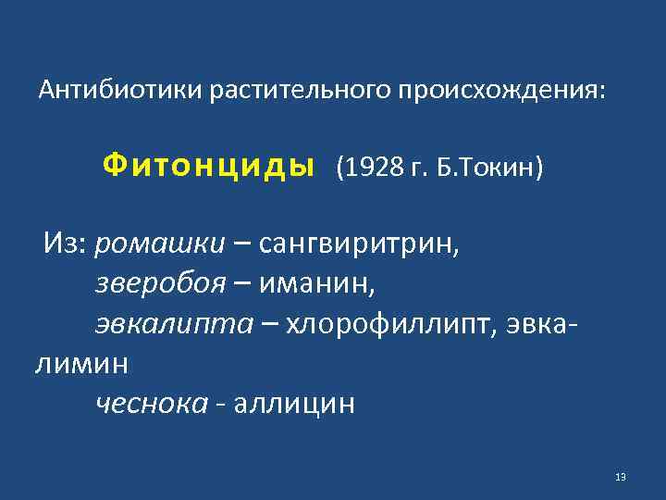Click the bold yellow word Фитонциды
tap(208, 166)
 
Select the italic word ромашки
tap(159, 244)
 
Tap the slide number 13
tap(620, 477)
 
